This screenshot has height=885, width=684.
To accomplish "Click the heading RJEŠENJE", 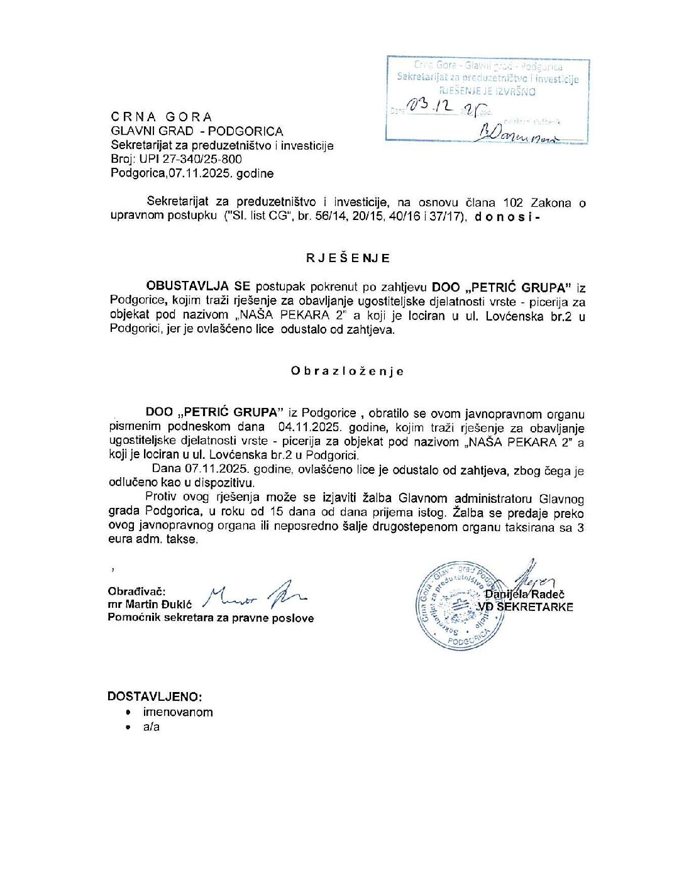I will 348,258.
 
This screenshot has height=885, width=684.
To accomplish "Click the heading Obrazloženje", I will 347,371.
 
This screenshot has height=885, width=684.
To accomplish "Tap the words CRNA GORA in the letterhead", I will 162,117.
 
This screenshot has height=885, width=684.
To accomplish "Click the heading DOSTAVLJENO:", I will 155,696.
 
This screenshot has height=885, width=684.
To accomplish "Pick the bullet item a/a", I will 152,727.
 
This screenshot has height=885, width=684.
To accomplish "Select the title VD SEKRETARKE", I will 526,607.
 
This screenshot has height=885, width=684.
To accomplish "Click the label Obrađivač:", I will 136,591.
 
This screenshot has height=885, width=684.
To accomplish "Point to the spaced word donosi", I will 504,217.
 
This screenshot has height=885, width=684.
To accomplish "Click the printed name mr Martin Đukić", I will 150,605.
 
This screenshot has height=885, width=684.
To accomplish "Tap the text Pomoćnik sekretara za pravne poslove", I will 211,618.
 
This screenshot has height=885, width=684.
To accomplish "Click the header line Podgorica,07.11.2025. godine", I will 192,173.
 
